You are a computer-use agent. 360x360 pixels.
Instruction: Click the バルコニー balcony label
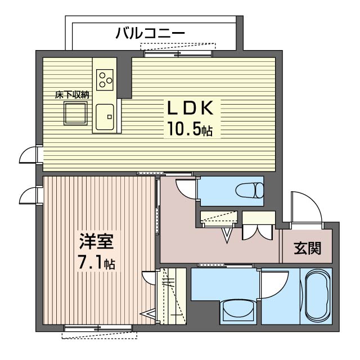(150, 33)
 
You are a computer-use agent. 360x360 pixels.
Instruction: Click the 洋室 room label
(96, 242)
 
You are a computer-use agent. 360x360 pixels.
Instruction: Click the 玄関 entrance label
(307, 248)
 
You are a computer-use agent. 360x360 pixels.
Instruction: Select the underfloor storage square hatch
(76, 114)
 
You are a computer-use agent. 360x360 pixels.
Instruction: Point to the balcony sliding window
(178, 53)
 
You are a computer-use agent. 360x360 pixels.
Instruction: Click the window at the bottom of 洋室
(98, 328)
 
